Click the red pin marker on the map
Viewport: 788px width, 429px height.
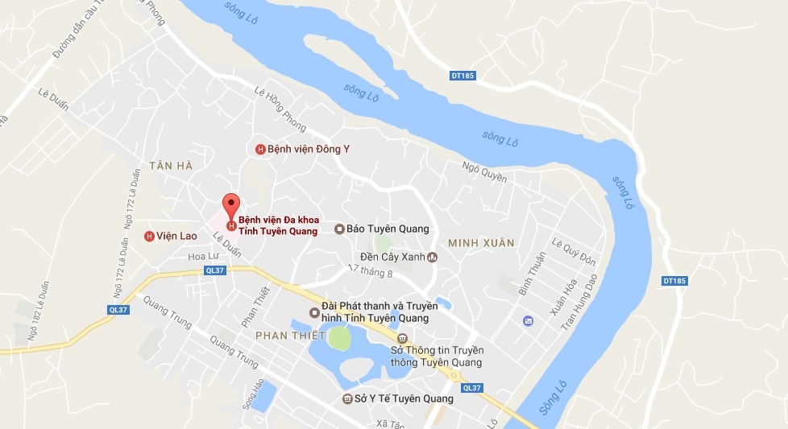coord(231,207)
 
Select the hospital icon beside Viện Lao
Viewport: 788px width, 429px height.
coord(149,236)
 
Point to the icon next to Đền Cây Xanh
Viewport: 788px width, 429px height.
coord(432,258)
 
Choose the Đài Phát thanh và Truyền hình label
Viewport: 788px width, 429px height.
coord(379,311)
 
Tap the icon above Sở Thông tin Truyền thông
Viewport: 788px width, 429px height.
coord(403,338)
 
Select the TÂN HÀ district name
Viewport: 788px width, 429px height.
coord(171,165)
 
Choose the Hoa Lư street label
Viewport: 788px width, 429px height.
coord(203,256)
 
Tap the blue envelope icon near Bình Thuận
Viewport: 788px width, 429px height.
coord(528,321)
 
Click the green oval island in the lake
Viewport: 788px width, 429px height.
coord(340,340)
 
